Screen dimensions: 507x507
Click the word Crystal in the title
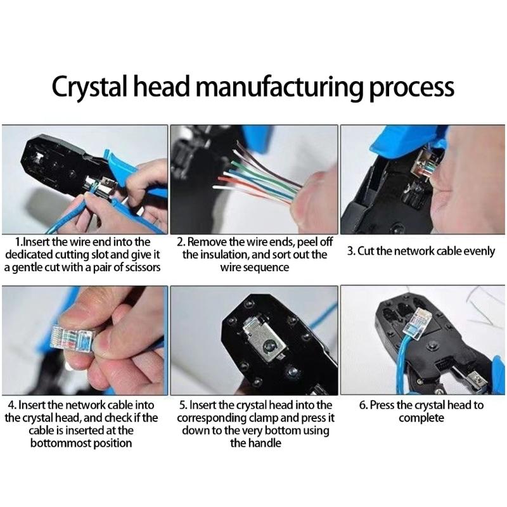point(89,87)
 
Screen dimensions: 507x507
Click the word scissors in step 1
point(142,268)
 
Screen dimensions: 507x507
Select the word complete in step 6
point(421,418)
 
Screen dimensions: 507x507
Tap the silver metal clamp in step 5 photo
point(265,339)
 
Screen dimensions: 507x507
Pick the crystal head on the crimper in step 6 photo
point(417,323)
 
